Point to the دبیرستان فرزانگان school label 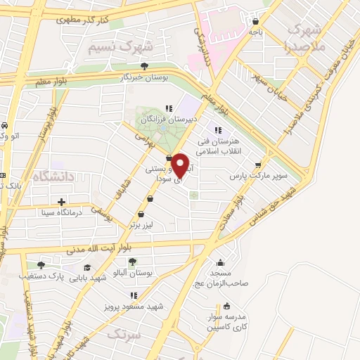168,120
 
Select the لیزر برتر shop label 150,226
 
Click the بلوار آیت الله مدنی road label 98,247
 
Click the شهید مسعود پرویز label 140,307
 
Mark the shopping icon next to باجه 255,21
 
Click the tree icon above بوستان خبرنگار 144,65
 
